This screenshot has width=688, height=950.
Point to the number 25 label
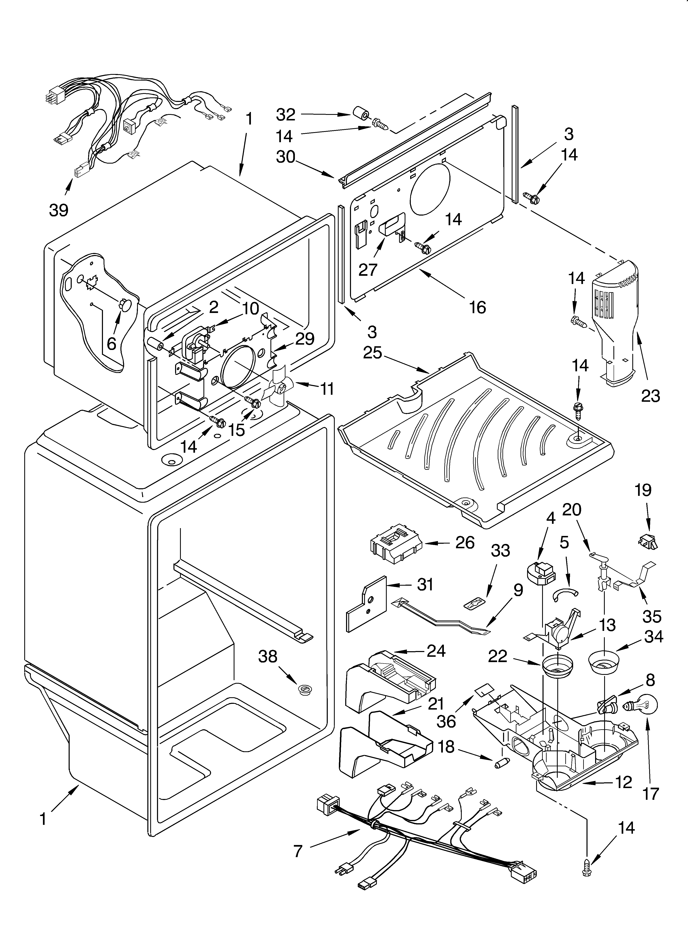click(x=373, y=353)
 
